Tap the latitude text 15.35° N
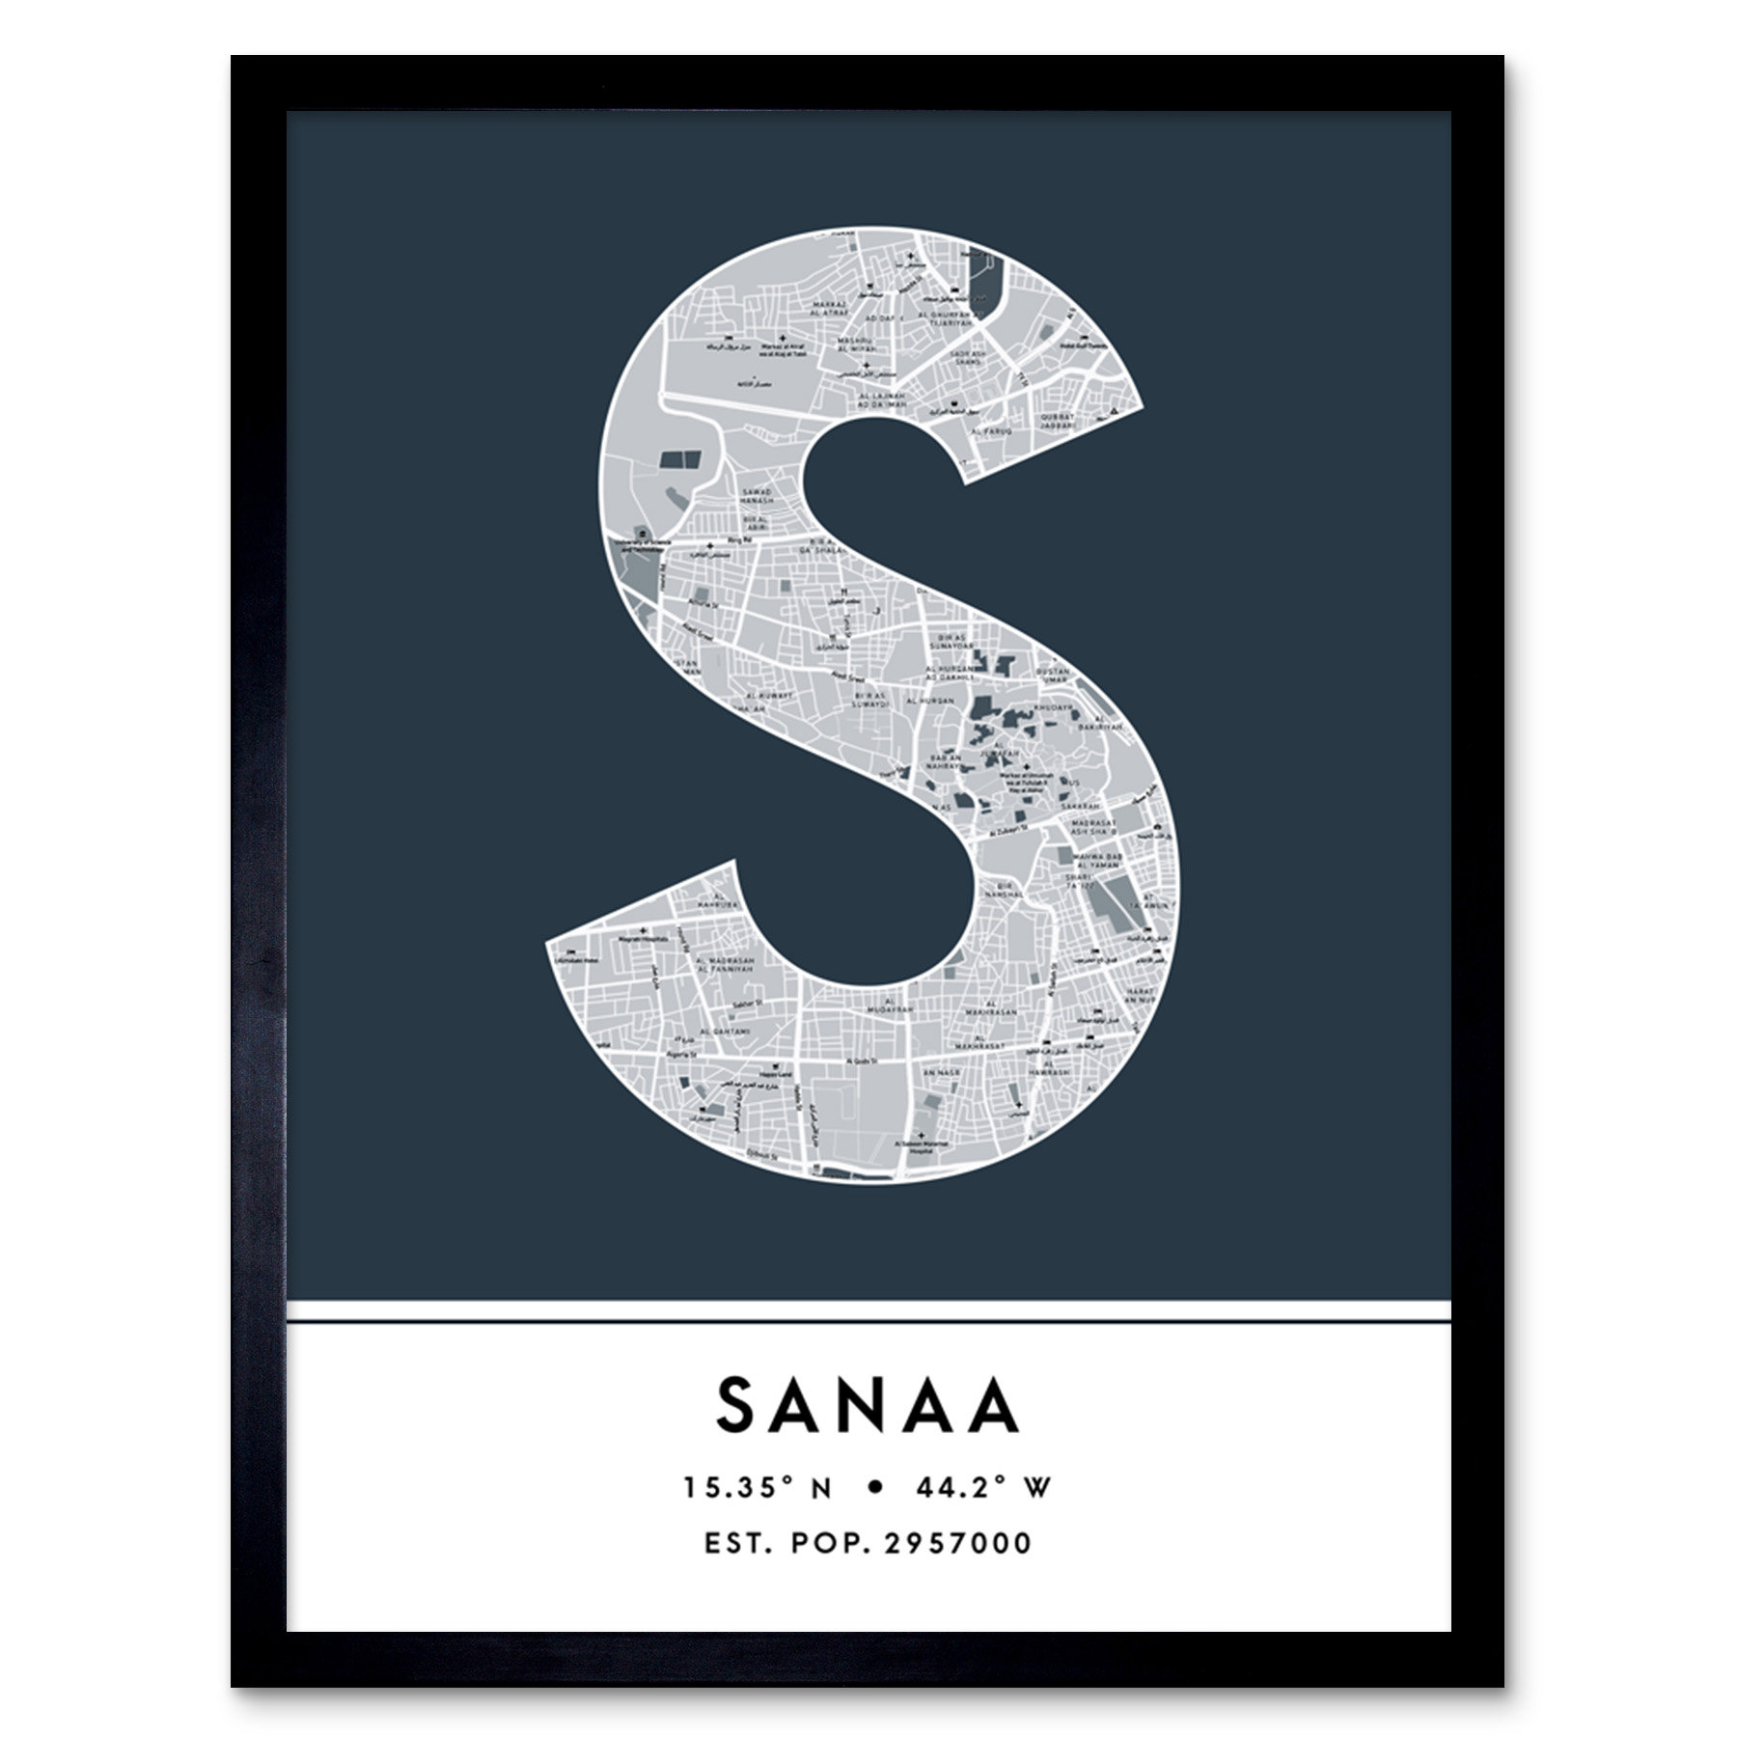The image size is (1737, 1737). [758, 1488]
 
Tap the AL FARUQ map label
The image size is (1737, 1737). [992, 430]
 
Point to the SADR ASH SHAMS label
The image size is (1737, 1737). [968, 356]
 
